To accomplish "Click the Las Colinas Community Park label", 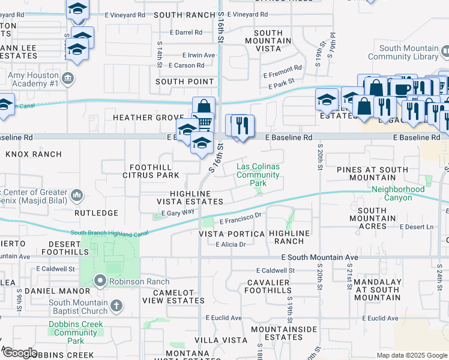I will pos(258,175).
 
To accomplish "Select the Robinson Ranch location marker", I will pos(100,281).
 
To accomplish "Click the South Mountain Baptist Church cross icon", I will pos(117,307).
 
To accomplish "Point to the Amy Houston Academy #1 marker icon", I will pos(68,78).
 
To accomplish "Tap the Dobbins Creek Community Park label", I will pos(76,332).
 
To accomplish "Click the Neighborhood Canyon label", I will pos(397,193).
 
